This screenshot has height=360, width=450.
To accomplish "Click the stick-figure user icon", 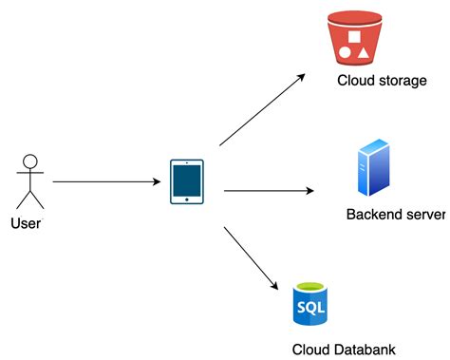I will [31, 180].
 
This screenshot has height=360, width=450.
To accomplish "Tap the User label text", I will [26, 223].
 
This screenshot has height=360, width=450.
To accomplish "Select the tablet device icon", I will [187, 180].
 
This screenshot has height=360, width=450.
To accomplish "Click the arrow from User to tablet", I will [104, 180].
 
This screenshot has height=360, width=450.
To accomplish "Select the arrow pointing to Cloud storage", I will [262, 109].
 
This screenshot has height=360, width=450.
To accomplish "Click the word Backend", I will [374, 215].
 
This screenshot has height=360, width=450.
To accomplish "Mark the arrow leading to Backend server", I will [269, 191].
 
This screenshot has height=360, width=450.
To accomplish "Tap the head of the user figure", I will [31, 161].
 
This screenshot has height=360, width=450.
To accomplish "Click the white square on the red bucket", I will [359, 36].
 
